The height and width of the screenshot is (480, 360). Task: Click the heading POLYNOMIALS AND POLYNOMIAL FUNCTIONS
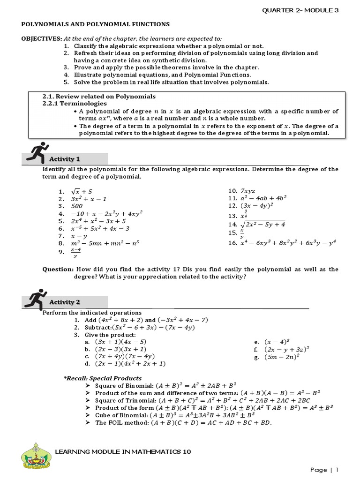click(94, 24)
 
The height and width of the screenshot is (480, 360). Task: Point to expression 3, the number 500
click(77, 205)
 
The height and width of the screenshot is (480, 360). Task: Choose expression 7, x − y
click(79, 236)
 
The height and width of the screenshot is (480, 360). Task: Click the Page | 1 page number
click(324, 469)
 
